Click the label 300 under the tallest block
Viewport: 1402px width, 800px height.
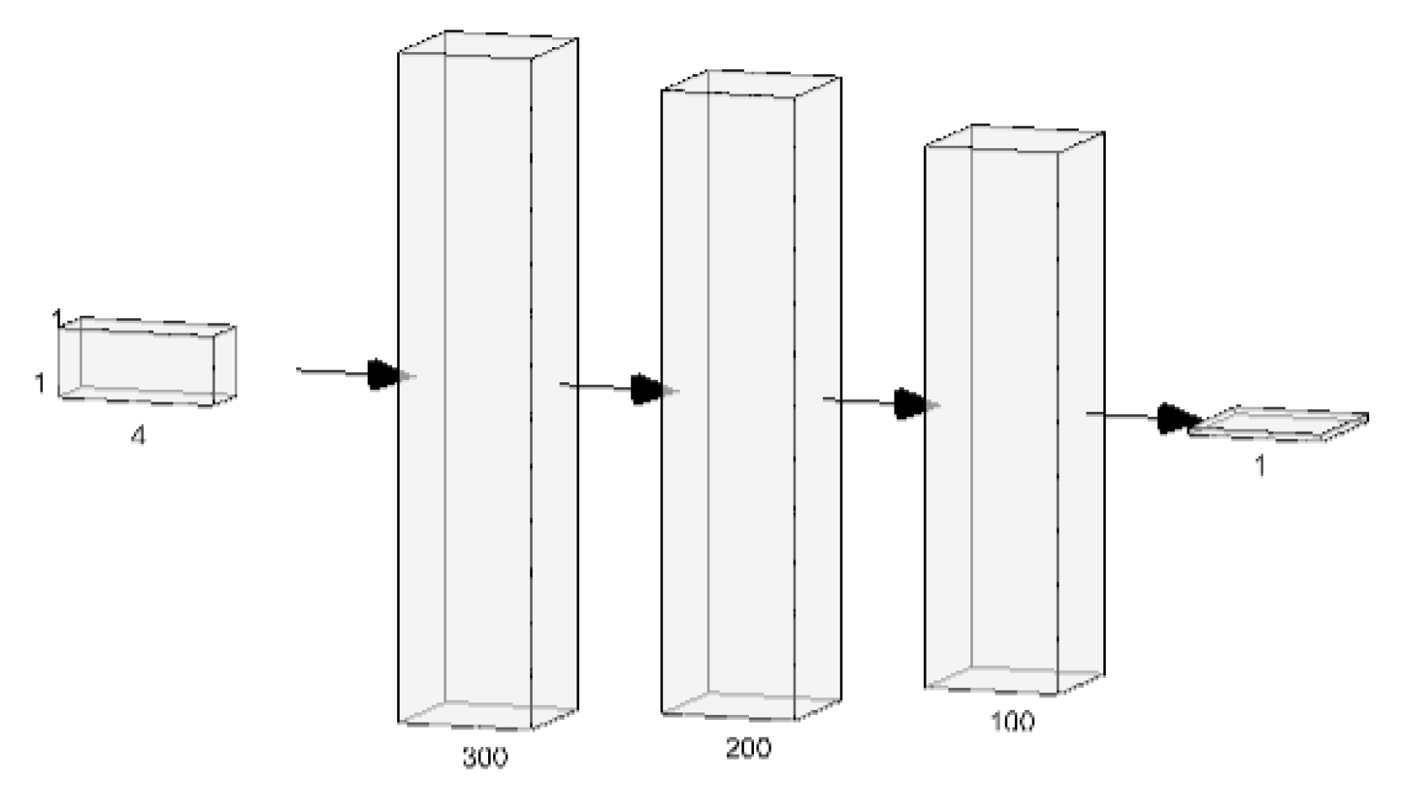click(486, 757)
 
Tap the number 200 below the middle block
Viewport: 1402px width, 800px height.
click(748, 747)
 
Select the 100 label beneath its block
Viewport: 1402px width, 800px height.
click(1013, 722)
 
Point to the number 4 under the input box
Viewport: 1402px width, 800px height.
click(138, 436)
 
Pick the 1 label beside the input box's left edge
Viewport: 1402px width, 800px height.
click(39, 383)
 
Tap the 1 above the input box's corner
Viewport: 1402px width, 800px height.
click(57, 317)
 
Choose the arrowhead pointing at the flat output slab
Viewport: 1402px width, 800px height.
click(1176, 418)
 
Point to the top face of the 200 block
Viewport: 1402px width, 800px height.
click(751, 85)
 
